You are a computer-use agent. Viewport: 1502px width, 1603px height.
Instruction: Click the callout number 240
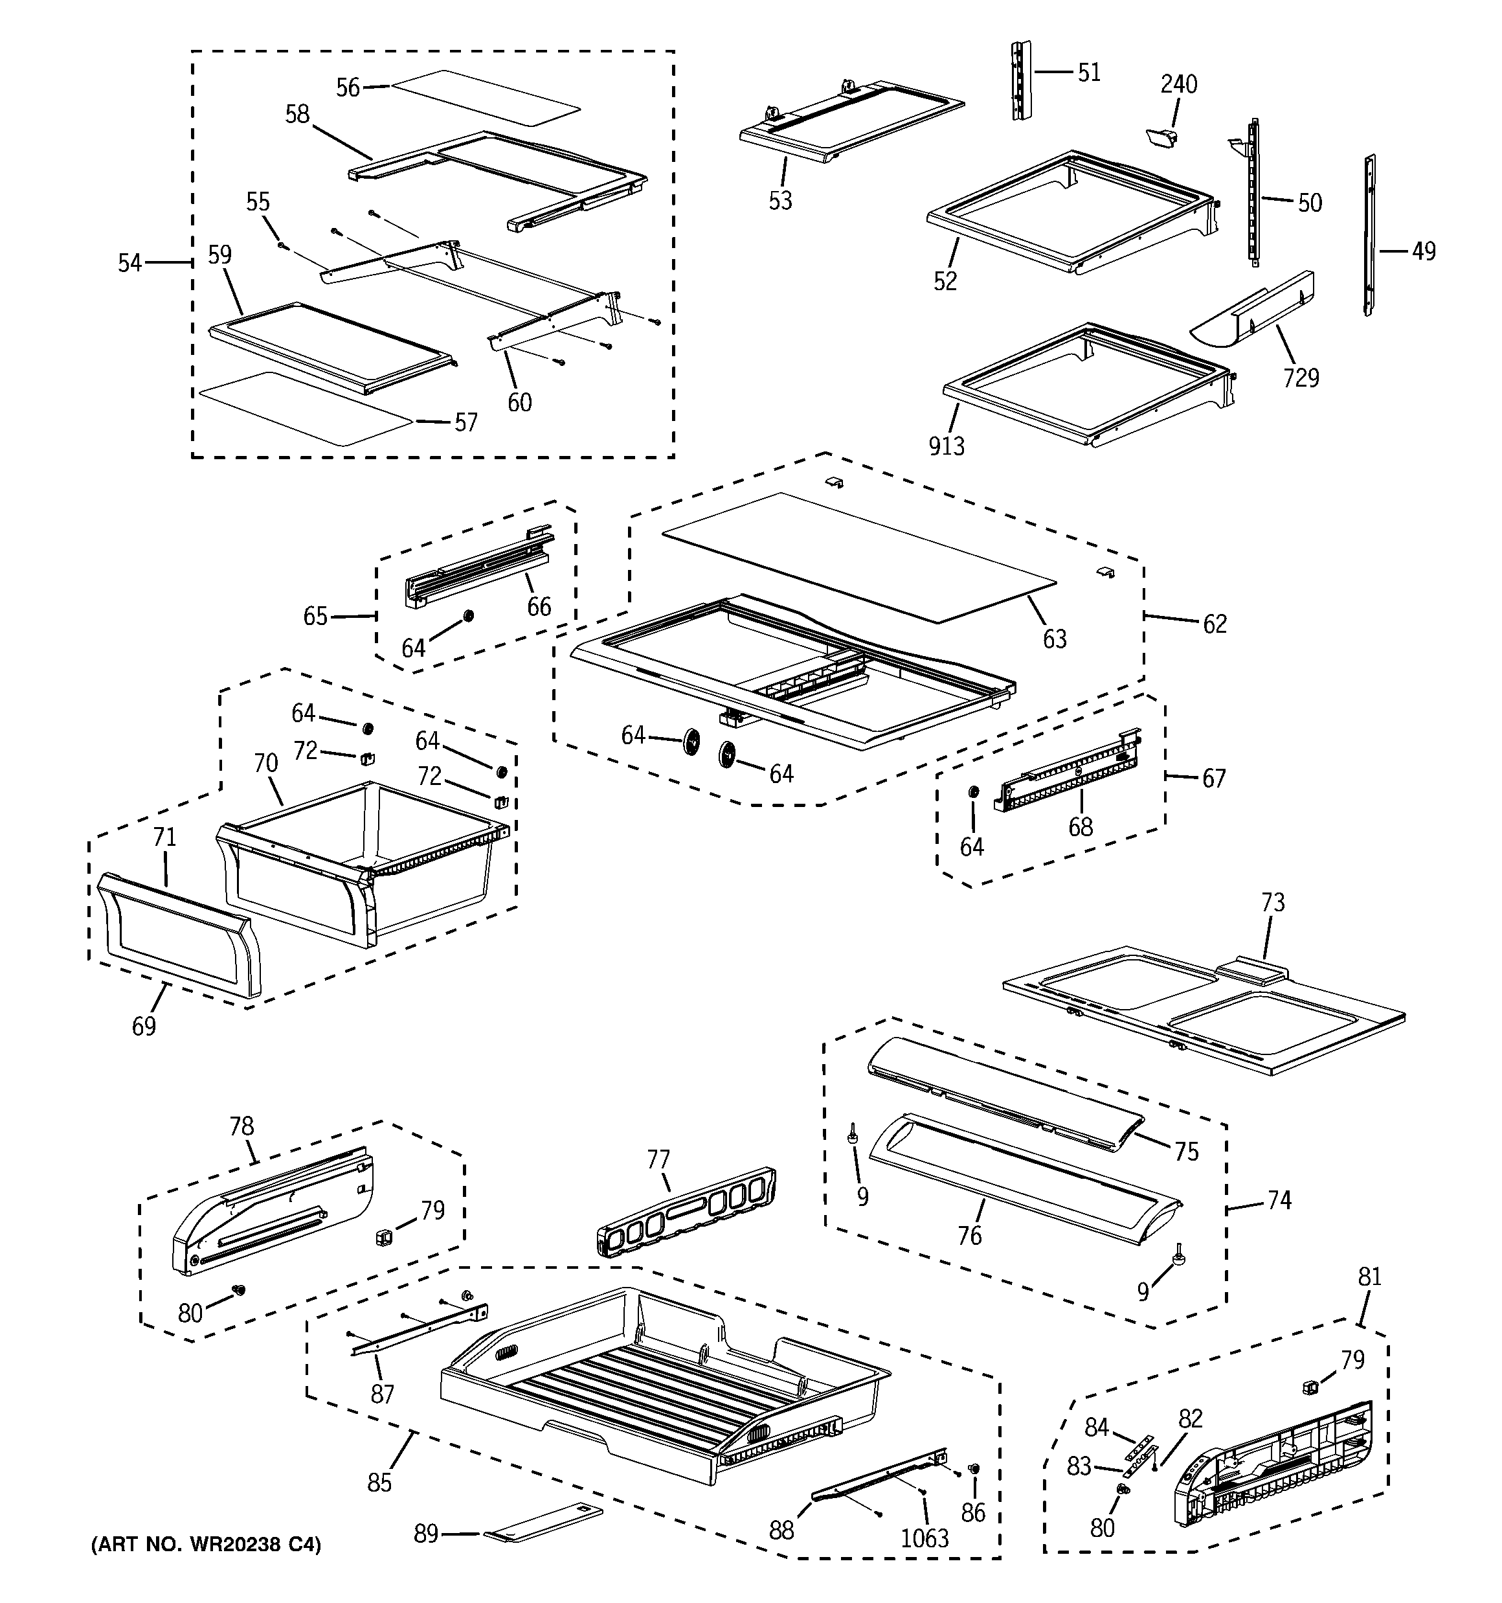1179,84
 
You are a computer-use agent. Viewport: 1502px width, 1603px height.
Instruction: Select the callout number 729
1301,376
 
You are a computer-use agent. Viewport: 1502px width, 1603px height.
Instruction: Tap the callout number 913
947,445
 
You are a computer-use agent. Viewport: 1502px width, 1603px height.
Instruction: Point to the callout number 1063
924,1538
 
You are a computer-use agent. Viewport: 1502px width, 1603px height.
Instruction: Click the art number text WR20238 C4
206,1545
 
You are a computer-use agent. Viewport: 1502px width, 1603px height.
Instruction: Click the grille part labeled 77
687,1214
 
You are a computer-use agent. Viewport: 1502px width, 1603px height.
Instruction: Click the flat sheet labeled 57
306,409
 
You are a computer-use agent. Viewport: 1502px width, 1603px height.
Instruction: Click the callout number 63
1055,639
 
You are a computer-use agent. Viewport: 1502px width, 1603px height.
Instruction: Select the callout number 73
1272,902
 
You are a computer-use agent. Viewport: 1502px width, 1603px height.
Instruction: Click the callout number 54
129,262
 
